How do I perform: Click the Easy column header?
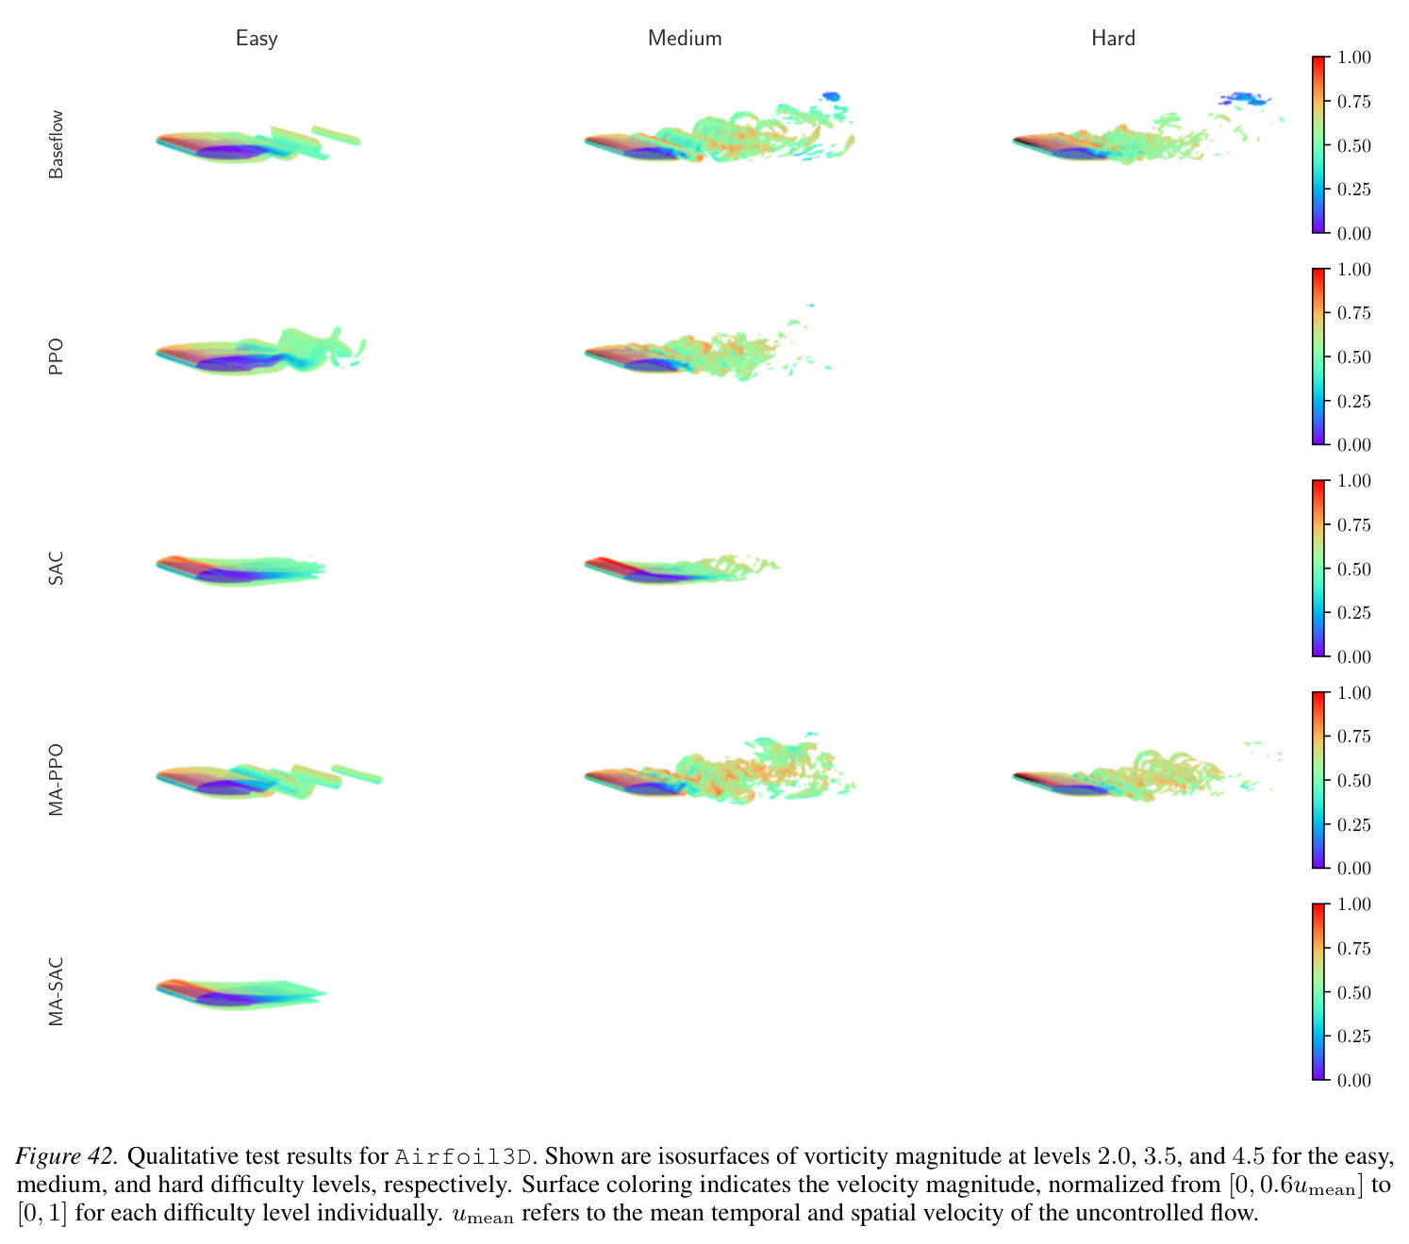point(257,39)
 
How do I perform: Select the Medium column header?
point(685,39)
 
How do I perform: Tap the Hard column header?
point(1113,39)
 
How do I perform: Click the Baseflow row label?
point(56,144)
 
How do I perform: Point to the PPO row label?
point(56,357)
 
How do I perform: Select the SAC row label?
point(56,568)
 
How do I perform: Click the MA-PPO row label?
point(56,779)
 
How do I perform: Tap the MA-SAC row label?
point(56,991)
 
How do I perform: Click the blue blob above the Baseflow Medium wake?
point(831,96)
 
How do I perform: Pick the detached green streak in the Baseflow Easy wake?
point(336,136)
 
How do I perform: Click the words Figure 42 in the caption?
point(65,1155)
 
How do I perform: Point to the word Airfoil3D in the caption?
point(463,1156)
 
